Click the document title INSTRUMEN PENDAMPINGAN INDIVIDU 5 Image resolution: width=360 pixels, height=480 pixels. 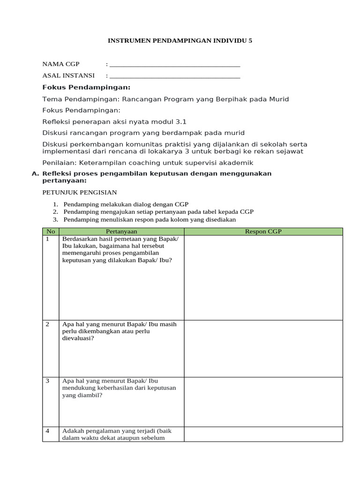(180, 41)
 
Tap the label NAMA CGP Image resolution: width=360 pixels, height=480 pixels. (61, 64)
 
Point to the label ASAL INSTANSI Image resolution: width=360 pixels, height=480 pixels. (68, 75)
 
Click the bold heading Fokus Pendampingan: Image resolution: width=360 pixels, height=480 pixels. (86, 87)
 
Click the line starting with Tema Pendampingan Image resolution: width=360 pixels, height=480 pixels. (165, 99)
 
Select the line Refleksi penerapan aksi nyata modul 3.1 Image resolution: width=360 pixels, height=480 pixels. (114, 121)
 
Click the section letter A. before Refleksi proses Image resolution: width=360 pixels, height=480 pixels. (35, 173)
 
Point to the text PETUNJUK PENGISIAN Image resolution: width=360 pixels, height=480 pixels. (79, 193)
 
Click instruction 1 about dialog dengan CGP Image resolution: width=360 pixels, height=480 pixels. (126, 204)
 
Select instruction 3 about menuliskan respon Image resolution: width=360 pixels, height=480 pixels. (150, 219)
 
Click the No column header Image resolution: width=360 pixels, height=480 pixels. (51, 232)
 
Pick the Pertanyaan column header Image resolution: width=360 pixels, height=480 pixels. (121, 232)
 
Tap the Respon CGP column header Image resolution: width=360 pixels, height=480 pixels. (263, 232)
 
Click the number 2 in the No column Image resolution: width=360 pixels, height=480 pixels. (48, 324)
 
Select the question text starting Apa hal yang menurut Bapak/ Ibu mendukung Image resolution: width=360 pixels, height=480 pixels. (119, 388)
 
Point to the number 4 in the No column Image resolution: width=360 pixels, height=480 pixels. (48, 431)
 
